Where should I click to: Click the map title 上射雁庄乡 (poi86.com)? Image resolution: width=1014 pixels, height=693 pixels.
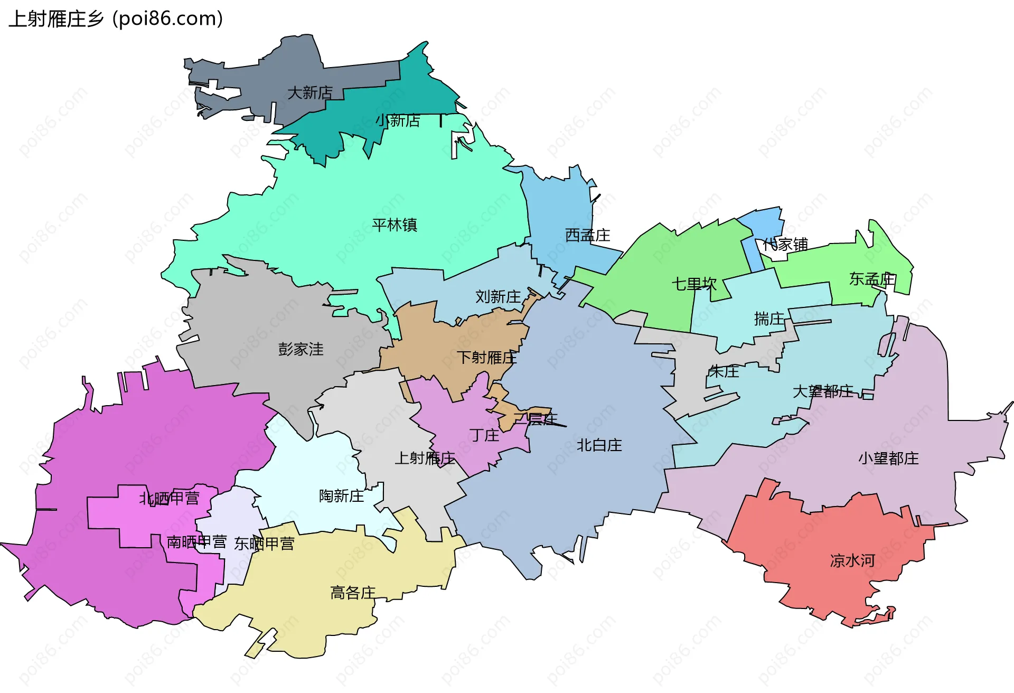116,19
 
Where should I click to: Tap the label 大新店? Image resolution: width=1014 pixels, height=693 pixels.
310,93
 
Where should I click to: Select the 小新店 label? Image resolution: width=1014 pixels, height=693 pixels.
398,121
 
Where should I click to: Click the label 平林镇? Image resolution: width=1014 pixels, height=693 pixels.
395,225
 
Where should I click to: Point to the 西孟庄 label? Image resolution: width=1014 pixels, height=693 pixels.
587,236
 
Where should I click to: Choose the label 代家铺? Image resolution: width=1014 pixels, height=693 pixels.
785,245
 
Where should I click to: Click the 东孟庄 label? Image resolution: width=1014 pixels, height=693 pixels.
872,279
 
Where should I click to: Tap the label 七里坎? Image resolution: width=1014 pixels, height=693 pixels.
694,284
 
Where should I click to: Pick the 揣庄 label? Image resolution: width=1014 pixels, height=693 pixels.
769,319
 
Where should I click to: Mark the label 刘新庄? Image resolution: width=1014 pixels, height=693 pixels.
497,297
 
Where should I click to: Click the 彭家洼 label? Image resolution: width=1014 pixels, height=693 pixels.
301,349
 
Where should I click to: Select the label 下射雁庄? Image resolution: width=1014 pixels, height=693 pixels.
486,358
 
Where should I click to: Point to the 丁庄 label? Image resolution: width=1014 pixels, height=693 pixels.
484,435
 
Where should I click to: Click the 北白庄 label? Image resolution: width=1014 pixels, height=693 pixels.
599,445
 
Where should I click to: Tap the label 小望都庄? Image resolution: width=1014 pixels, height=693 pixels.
888,458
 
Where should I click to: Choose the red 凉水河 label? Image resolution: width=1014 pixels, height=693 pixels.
852,560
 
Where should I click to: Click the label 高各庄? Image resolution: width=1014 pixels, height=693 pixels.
353,593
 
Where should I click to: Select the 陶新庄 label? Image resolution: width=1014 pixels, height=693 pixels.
341,496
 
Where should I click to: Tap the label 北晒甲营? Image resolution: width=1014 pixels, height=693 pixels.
169,498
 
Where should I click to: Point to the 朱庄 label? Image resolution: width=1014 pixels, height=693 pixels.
724,371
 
